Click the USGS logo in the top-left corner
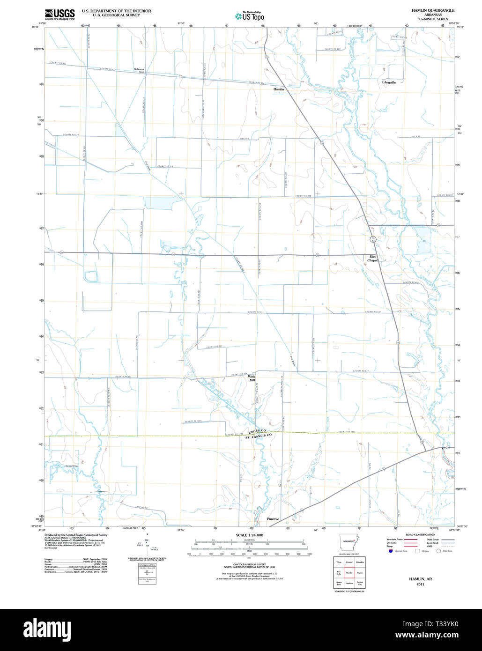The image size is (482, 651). tap(59, 14)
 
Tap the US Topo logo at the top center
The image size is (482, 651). tap(250, 16)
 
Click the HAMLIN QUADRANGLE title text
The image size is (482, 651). tap(426, 10)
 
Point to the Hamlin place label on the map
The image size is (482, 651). tap(279, 89)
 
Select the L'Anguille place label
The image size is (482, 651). tap(388, 82)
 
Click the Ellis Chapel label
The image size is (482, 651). tap(372, 259)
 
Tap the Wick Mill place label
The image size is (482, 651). tap(252, 378)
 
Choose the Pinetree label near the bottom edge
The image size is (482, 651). tap(273, 519)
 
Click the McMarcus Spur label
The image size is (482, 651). tap(139, 71)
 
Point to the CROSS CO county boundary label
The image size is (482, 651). tap(257, 431)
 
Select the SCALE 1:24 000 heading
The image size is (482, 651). tap(249, 535)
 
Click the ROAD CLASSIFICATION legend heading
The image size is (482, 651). tap(420, 534)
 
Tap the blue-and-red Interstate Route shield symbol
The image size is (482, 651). tap(390, 551)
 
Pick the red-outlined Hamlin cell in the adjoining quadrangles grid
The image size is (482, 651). tap(349, 572)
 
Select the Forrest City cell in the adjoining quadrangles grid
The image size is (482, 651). tap(360, 583)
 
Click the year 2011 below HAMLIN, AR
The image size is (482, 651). tap(420, 584)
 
